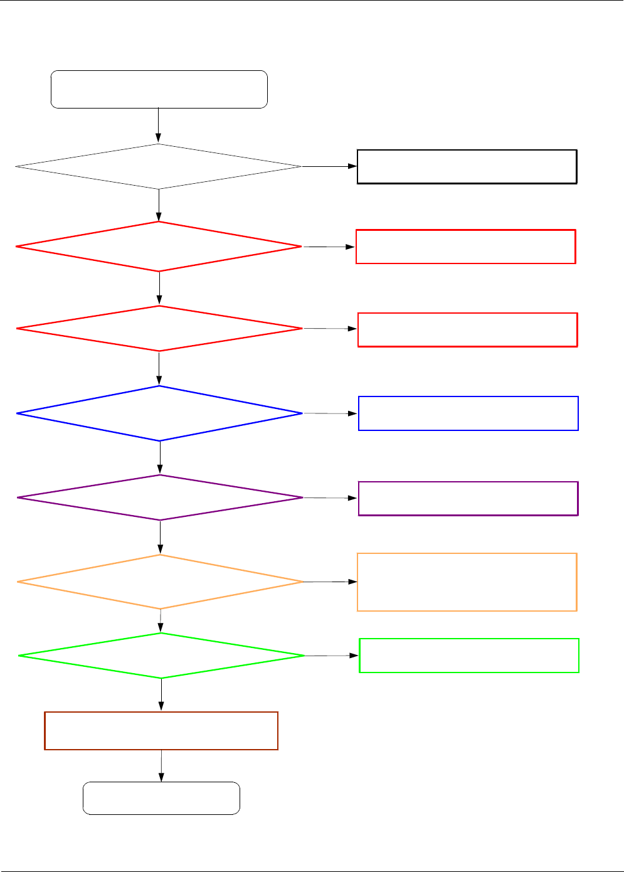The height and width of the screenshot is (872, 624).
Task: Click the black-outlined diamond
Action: [159, 166]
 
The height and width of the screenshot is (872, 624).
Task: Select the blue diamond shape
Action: [160, 413]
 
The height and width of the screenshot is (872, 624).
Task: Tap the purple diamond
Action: [161, 497]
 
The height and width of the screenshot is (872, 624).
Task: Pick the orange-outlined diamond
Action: [161, 582]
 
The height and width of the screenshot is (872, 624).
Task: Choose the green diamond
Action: [162, 656]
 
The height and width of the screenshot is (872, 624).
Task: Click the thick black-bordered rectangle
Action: [467, 166]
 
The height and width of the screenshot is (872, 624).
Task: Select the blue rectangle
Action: [468, 413]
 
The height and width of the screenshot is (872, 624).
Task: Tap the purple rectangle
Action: [468, 499]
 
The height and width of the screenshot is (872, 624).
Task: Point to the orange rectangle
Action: [467, 582]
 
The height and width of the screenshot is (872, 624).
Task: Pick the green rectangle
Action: [468, 656]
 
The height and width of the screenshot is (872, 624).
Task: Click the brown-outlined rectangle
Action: [161, 731]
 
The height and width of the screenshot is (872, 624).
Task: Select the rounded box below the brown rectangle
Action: [161, 798]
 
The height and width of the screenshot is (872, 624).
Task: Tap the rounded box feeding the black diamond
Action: [159, 90]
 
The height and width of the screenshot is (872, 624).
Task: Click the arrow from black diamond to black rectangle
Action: [329, 166]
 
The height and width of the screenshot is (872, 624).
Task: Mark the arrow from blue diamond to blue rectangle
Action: [331, 413]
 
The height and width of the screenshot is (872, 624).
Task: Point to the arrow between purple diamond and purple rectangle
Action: [331, 497]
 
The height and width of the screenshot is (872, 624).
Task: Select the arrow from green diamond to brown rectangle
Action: [161, 694]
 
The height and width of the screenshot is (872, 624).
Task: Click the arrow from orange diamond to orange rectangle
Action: [331, 582]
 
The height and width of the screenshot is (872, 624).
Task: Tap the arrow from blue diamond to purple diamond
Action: [160, 457]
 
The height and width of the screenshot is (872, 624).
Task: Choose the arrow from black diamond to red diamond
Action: [159, 205]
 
